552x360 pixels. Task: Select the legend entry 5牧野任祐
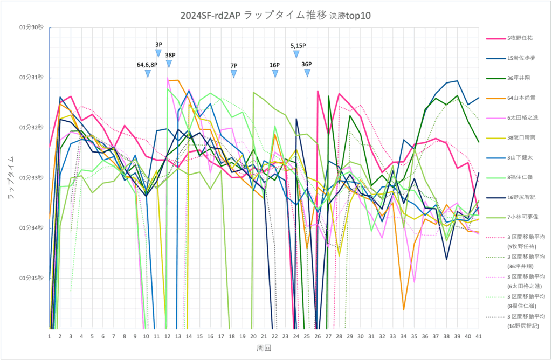[x=521, y=39]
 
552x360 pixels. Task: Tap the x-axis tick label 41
[x=478, y=336]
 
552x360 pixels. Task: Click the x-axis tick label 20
[x=253, y=336]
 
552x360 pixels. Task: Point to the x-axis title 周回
[x=264, y=349]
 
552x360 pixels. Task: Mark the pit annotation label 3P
[x=158, y=44]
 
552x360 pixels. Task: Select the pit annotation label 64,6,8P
[x=147, y=65]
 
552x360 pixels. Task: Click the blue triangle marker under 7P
[x=233, y=74]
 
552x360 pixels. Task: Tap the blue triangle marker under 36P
[x=307, y=73]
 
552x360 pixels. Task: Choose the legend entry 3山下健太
[x=521, y=157]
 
